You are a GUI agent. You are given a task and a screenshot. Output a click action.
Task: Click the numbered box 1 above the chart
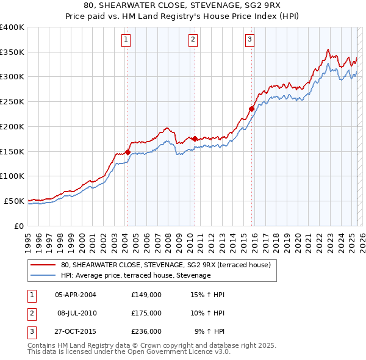pos(125,40)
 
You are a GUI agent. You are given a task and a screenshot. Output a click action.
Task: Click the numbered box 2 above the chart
pos(192,40)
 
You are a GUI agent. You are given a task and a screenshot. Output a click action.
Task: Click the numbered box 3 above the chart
pos(250,40)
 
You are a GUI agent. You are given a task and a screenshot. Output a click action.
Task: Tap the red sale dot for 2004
pos(127,151)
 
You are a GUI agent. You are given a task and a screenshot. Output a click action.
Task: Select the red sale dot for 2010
pos(195,139)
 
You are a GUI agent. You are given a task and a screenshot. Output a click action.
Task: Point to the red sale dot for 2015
pos(251,109)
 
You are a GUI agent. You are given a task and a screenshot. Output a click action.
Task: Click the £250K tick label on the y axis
pos(12,102)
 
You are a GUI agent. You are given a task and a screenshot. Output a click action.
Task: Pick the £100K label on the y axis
pos(12,176)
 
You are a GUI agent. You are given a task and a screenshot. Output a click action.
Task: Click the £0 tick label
pos(19,225)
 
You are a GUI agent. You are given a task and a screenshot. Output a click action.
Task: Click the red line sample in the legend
pos(43,265)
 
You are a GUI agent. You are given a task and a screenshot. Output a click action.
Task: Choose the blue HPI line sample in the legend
pos(43,276)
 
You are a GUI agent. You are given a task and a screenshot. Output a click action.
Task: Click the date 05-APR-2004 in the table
pos(76,295)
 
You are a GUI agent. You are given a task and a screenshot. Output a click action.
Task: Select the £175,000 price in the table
pos(146,313)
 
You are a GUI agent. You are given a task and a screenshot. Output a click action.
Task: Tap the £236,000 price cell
pos(146,331)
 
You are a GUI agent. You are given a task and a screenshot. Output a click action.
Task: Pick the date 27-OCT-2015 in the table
pos(76,331)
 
